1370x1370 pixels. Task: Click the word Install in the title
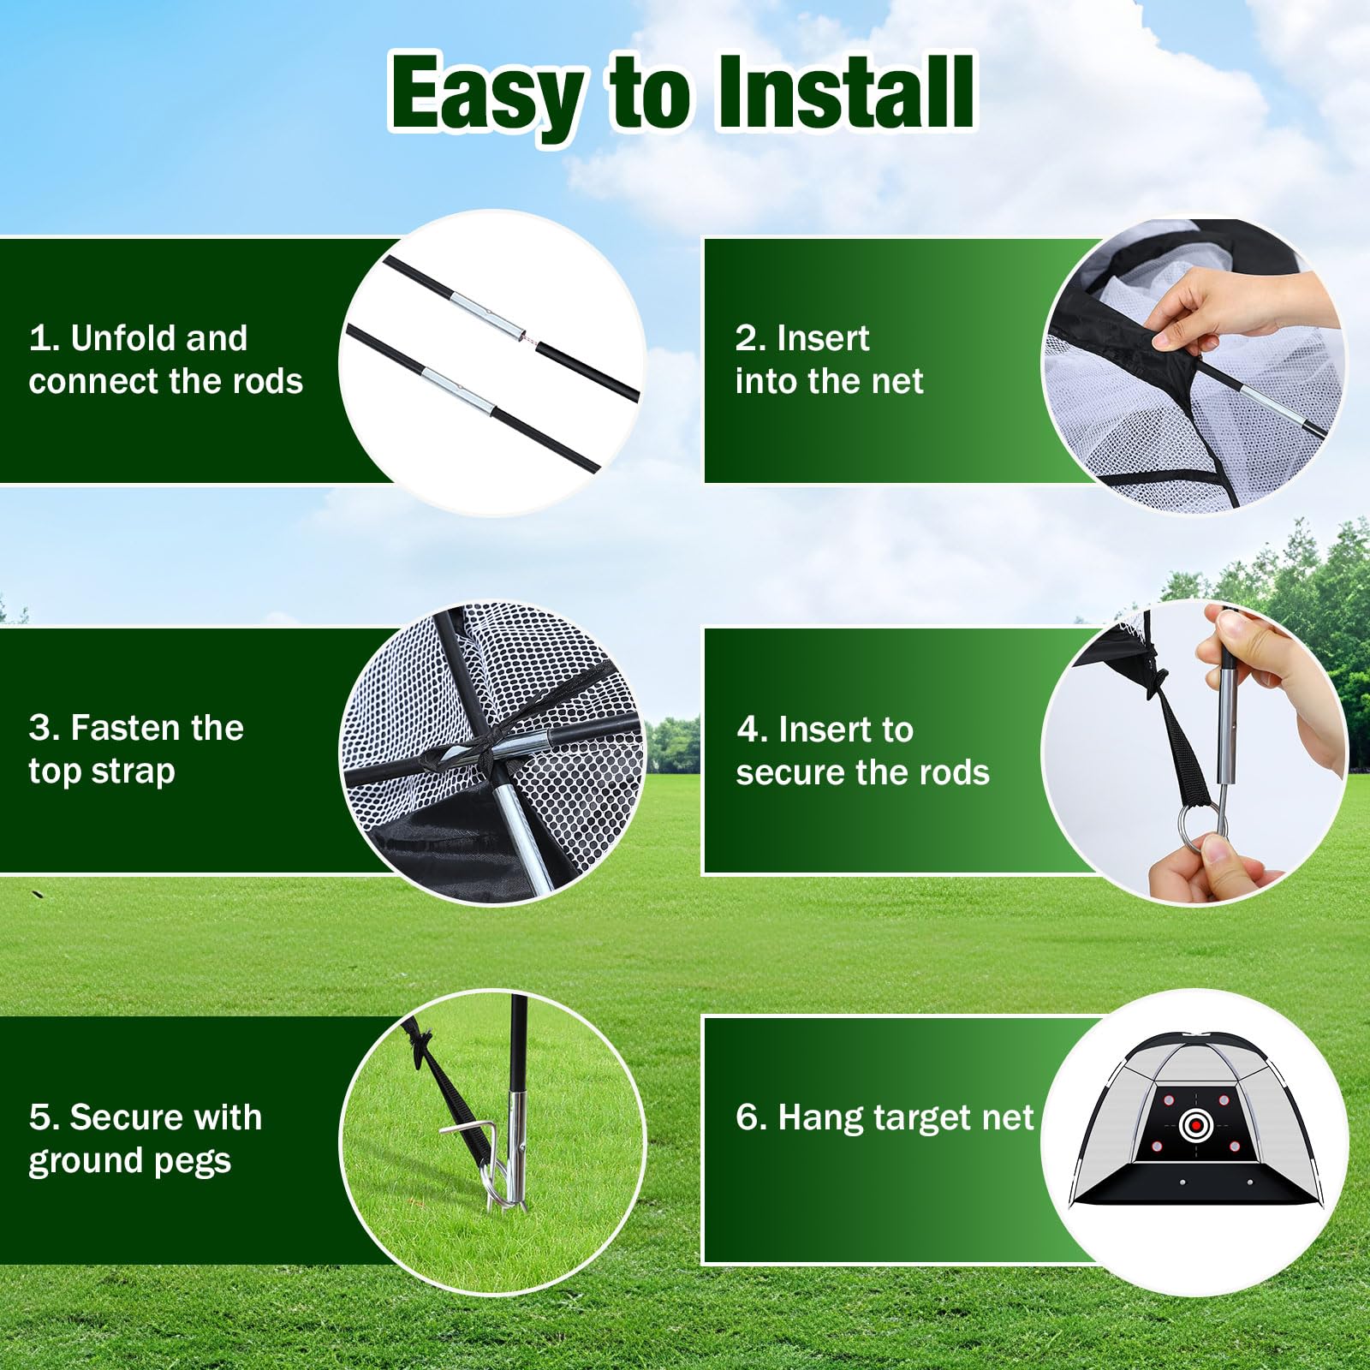[x=845, y=92]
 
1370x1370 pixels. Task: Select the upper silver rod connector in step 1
[x=485, y=314]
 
